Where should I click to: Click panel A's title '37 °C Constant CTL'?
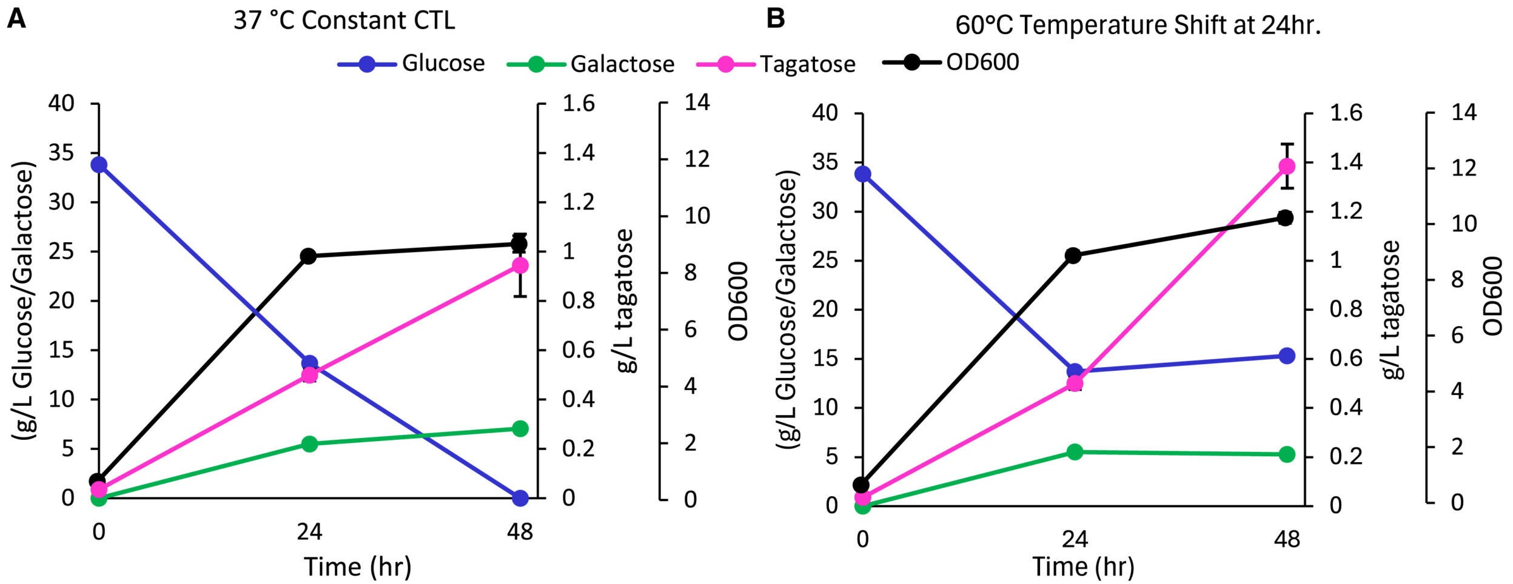(344, 21)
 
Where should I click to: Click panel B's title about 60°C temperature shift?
(1138, 25)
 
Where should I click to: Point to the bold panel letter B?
(775, 18)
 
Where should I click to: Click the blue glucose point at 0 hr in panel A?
(98, 165)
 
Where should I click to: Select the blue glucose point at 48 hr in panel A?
(520, 499)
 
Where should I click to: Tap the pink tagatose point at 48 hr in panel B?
(1286, 166)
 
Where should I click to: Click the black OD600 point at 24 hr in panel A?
(309, 256)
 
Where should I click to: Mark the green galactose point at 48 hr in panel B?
(1286, 454)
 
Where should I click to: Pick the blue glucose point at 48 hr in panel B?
(1286, 356)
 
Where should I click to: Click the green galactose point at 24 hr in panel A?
(309, 443)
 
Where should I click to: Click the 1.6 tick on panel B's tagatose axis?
(1346, 113)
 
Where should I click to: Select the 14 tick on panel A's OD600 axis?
(696, 102)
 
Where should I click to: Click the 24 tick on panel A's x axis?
(309, 532)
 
